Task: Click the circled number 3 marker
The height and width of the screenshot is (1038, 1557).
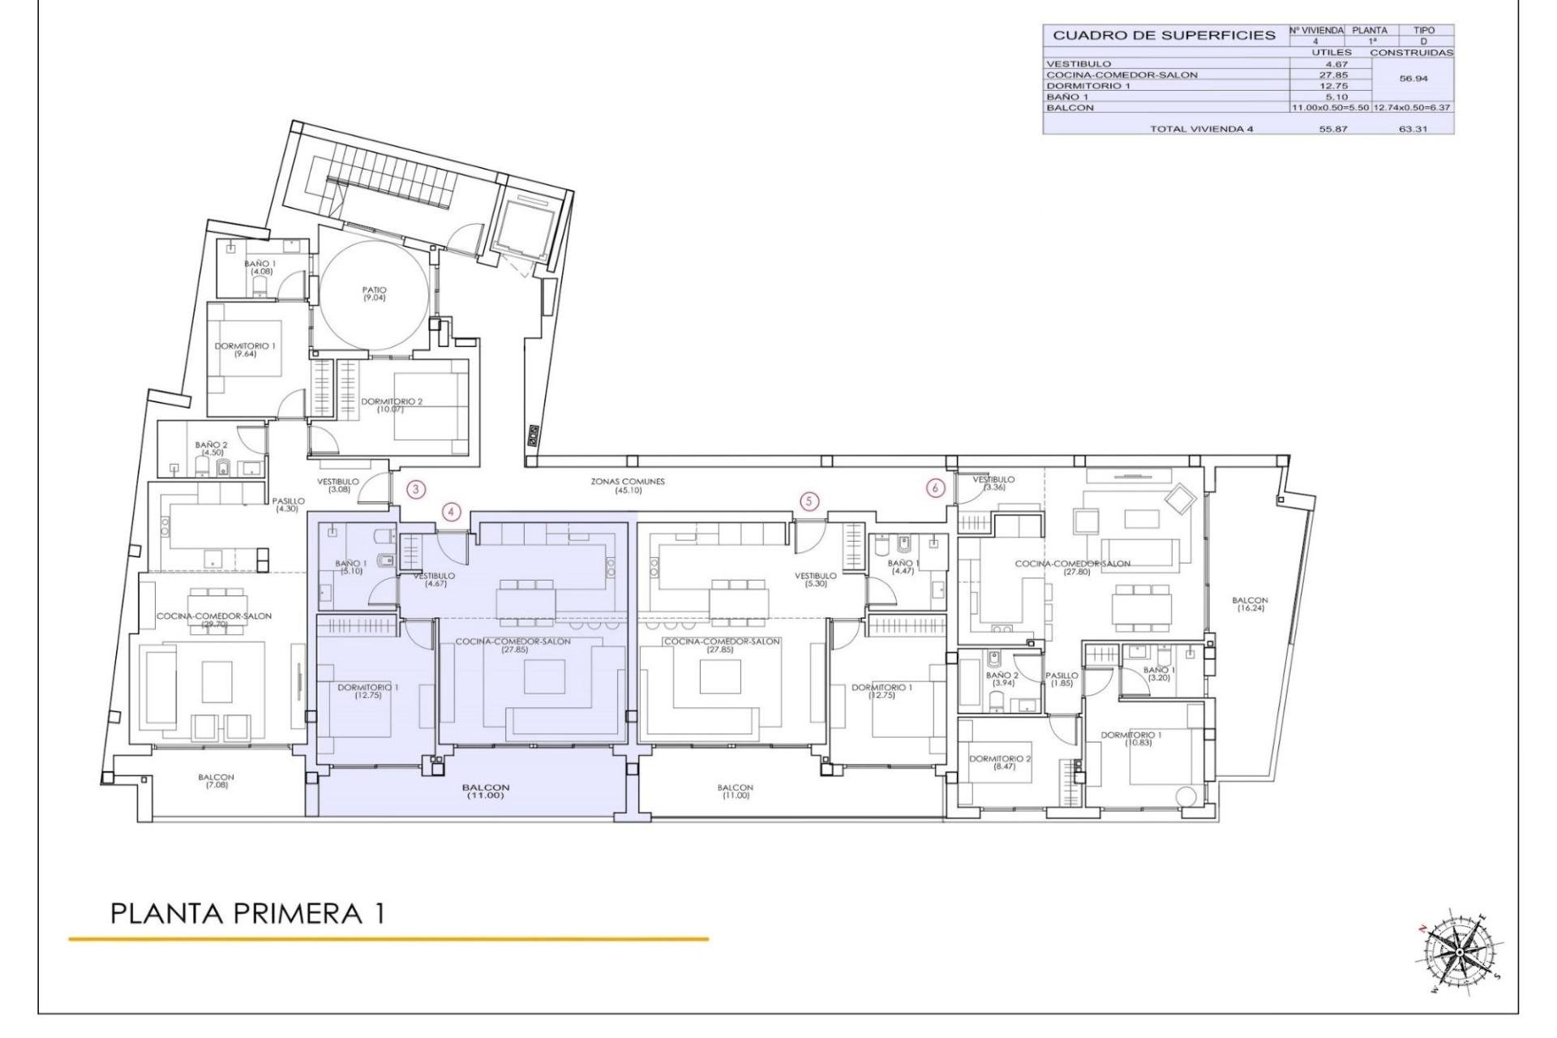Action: click(x=415, y=489)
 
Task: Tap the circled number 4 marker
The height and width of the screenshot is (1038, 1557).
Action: click(x=452, y=512)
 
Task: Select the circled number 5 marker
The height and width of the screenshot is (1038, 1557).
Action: click(x=809, y=501)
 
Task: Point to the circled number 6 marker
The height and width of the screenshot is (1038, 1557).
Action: click(x=936, y=488)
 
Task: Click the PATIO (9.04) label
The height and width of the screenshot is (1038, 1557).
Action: click(x=375, y=294)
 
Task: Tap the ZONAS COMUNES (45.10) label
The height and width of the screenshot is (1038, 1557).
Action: click(x=628, y=486)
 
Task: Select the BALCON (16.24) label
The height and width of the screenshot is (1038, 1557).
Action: click(x=1249, y=604)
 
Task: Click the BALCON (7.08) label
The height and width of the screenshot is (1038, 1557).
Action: click(x=217, y=781)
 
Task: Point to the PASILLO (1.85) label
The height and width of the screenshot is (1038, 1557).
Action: click(x=1062, y=679)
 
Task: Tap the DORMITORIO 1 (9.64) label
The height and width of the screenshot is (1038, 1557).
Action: click(x=245, y=350)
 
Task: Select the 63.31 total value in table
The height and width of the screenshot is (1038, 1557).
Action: click(x=1412, y=129)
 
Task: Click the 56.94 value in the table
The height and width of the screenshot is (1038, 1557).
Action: click(x=1413, y=79)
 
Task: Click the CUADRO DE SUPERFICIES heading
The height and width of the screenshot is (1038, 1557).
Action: click(x=1164, y=36)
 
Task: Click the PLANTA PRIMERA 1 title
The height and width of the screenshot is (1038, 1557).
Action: click(x=247, y=914)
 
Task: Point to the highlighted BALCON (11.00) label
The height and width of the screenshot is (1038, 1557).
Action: click(x=486, y=791)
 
